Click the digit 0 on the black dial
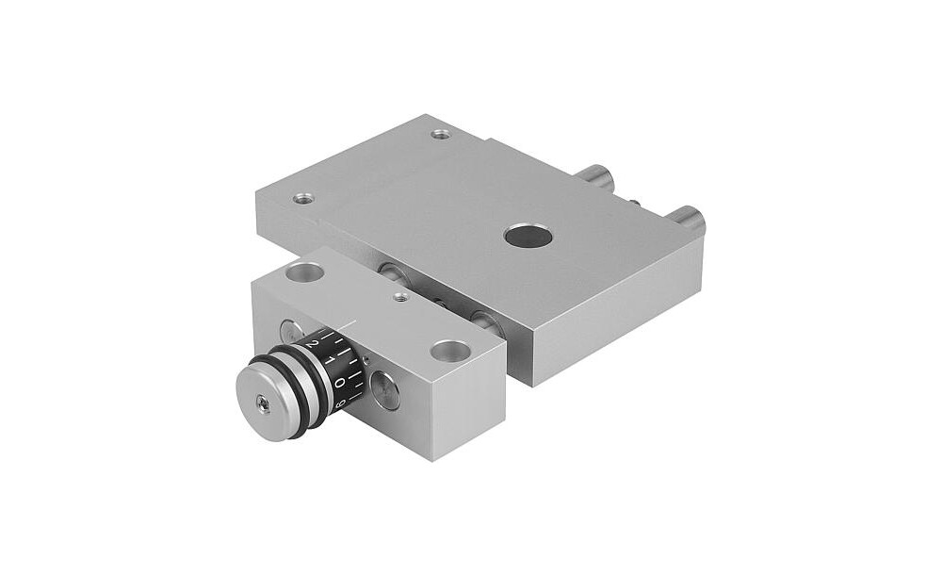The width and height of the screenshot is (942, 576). pyautogui.click(x=339, y=383)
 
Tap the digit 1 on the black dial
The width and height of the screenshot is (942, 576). pyautogui.click(x=330, y=360)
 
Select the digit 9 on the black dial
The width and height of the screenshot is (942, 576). pyautogui.click(x=339, y=403)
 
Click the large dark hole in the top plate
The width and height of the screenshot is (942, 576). pyautogui.click(x=528, y=236)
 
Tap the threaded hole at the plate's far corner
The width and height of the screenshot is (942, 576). pyautogui.click(x=442, y=134)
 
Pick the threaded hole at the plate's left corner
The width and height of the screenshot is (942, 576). pyautogui.click(x=303, y=198)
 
